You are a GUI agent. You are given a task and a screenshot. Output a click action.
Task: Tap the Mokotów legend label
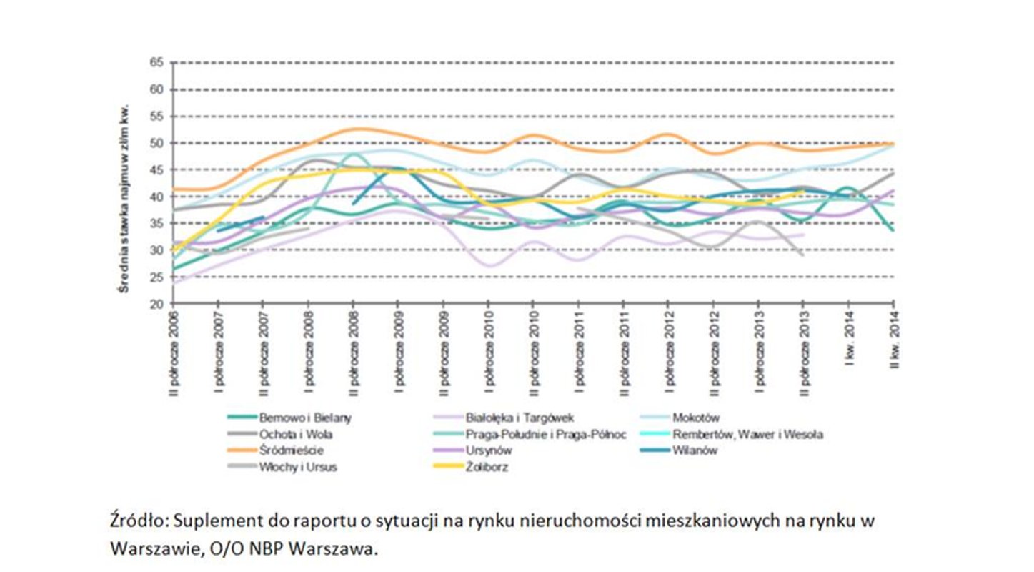(x=695, y=418)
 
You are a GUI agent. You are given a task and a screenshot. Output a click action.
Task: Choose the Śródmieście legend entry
(x=291, y=450)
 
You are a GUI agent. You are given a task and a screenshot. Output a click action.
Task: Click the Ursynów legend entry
(x=488, y=450)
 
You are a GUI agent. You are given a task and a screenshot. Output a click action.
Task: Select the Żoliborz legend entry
(x=486, y=468)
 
